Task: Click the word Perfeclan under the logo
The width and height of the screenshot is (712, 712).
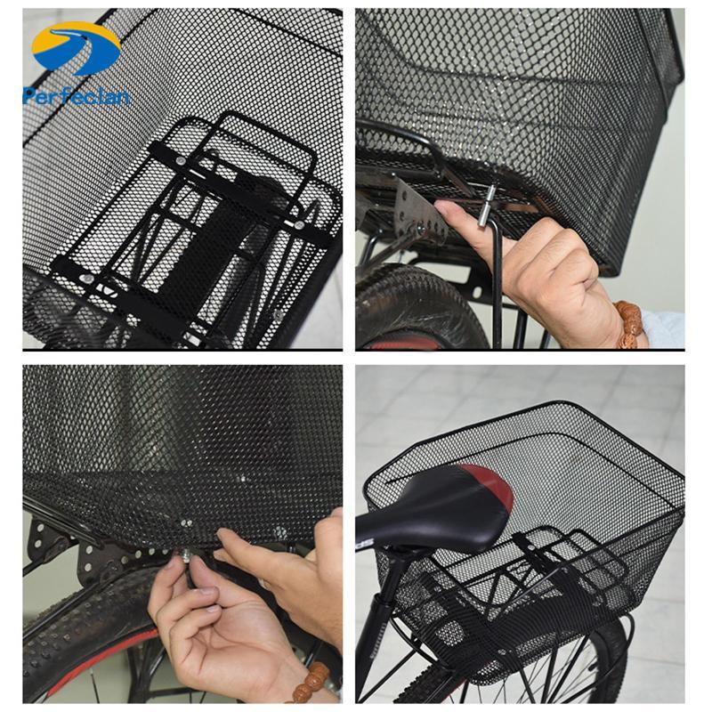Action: point(77,96)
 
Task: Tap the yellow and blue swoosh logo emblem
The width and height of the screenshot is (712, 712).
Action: point(77,48)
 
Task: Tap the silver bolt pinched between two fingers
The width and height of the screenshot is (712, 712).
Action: point(186,554)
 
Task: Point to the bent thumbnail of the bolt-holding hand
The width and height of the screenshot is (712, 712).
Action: point(203,588)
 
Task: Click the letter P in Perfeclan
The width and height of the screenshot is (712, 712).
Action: point(28,96)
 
